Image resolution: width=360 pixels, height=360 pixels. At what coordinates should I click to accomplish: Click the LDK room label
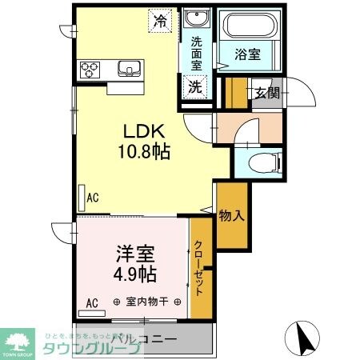145,130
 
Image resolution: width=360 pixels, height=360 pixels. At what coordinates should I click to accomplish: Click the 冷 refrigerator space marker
162,21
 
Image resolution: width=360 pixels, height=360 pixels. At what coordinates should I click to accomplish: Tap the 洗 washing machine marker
194,87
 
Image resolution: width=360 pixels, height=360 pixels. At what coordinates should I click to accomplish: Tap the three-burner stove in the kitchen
88,69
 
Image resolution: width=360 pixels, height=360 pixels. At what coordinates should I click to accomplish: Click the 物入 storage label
231,214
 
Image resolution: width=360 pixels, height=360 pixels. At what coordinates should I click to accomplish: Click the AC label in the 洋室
92,302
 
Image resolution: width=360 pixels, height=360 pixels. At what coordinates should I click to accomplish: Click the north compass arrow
305,338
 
